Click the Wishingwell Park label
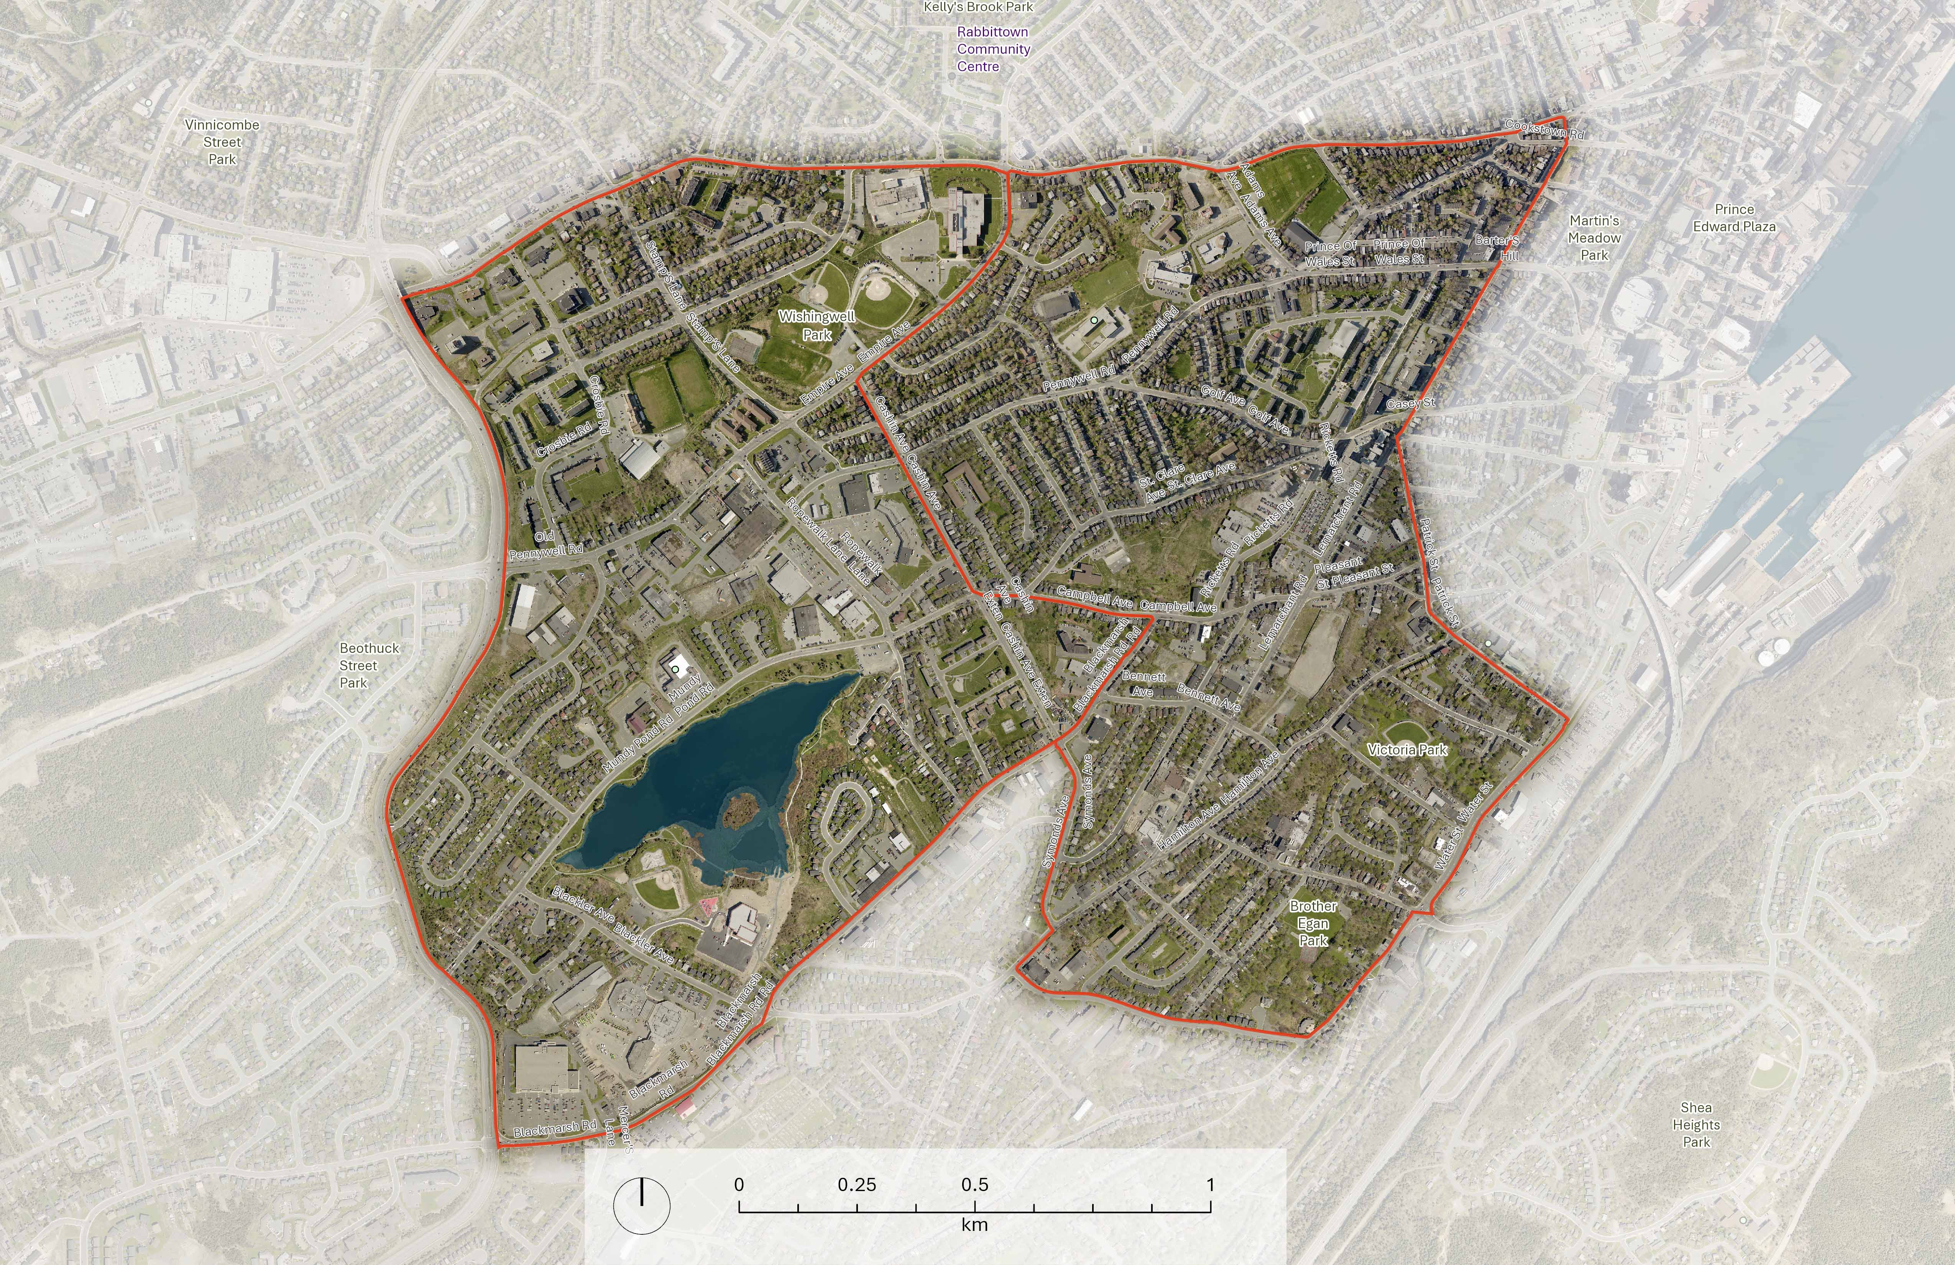pos(816,325)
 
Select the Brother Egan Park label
pos(1313,923)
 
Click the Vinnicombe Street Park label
pos(222,142)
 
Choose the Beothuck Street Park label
pos(369,665)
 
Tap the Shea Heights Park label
pos(1695,1125)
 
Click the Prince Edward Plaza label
pos(1734,218)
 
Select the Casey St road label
pos(1410,403)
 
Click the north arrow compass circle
pos(642,1205)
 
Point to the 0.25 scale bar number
pos(857,1184)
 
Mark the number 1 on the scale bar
pos(1210,1184)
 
